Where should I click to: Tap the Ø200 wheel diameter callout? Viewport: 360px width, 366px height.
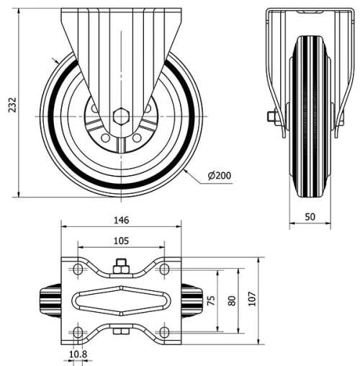[218, 175]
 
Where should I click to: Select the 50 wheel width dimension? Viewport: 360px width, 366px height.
[310, 217]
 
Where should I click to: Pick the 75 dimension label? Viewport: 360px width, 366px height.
[211, 300]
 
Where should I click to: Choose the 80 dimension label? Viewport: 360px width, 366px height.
[231, 300]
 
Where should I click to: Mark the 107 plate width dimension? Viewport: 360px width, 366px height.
[251, 300]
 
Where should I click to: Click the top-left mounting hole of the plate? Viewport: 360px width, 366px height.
[77, 269]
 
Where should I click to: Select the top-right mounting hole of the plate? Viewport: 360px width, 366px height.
[165, 269]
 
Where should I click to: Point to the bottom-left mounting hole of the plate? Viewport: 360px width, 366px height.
[77, 332]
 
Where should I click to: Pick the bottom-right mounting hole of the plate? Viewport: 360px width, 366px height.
[165, 332]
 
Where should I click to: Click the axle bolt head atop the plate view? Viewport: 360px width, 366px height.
[121, 264]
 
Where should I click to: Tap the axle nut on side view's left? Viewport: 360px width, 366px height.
[271, 117]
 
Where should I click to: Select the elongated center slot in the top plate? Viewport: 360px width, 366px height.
[121, 300]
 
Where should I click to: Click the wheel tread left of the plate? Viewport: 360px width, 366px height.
[50, 300]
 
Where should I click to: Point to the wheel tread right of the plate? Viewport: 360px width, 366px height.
[192, 300]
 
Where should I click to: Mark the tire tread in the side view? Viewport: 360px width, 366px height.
[310, 115]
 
